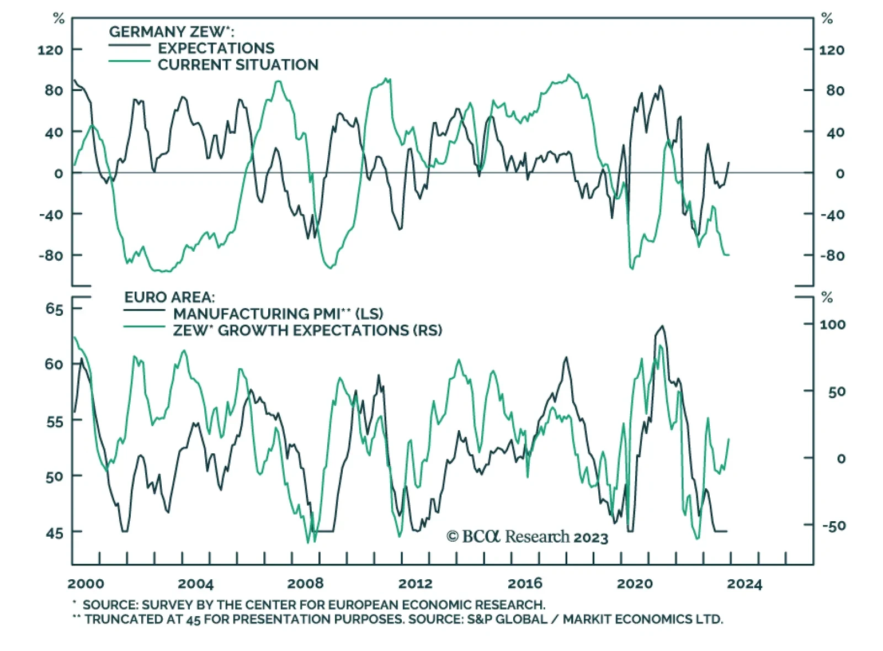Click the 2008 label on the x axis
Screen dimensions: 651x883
click(x=305, y=584)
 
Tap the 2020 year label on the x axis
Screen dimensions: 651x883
click(x=635, y=584)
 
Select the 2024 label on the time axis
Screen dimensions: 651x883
click(x=744, y=584)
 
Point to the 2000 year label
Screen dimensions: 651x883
click(x=86, y=584)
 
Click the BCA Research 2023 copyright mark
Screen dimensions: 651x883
click(x=527, y=537)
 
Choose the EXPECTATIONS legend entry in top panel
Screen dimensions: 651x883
click(x=216, y=48)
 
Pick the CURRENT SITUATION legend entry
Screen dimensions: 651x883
click(x=238, y=65)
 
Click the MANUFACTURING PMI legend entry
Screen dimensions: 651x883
click(x=278, y=314)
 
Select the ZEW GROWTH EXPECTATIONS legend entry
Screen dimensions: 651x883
click(x=307, y=330)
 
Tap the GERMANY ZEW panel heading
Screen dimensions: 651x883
click(x=171, y=32)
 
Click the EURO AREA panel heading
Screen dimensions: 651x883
click(x=169, y=297)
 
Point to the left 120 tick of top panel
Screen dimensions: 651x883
click(x=50, y=50)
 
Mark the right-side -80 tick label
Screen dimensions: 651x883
click(x=832, y=256)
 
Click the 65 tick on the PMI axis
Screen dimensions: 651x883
click(x=55, y=309)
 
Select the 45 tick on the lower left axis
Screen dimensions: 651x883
click(x=55, y=533)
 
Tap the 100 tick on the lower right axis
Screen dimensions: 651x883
click(x=832, y=325)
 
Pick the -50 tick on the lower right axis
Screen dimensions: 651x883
click(x=833, y=526)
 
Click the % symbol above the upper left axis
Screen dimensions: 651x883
click(x=58, y=19)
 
